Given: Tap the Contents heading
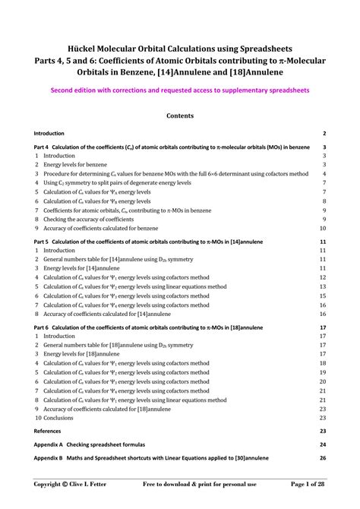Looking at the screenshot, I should [180, 115].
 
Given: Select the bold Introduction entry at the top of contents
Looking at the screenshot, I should [49, 133].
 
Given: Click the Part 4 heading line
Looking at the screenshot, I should [172, 147].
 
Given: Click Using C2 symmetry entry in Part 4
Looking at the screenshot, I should [114, 182].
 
